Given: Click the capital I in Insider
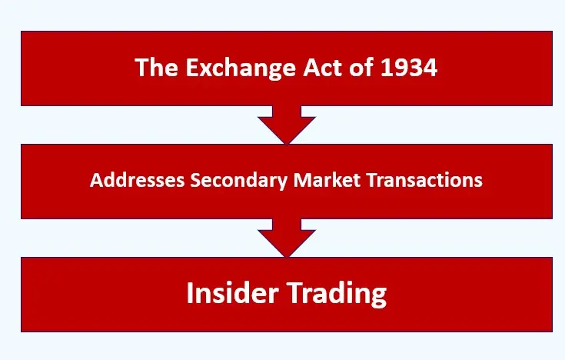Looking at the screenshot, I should point(191,294).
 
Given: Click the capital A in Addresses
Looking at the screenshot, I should point(95,180).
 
